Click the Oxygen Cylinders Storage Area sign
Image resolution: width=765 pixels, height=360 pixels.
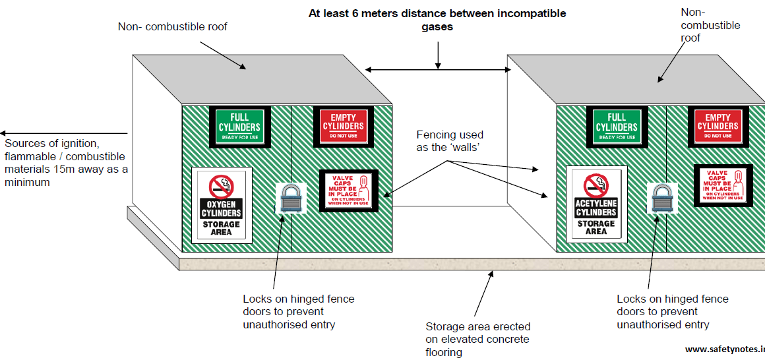point(222,205)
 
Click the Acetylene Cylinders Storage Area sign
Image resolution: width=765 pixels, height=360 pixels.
point(596,205)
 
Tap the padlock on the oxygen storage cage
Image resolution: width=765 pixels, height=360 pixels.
point(290,197)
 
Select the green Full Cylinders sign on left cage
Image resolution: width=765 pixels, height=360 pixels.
point(240,126)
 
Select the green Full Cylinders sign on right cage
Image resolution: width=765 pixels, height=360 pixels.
point(616,126)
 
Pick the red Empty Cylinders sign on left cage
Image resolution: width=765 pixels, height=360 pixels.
point(343,125)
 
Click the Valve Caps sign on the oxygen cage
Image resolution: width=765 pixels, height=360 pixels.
point(348,191)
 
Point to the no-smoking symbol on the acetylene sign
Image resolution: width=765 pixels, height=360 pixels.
point(596,185)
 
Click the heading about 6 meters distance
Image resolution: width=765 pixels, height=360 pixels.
point(437,20)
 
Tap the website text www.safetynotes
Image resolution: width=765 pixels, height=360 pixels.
point(724,349)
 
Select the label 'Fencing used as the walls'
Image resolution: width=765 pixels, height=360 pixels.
point(449,140)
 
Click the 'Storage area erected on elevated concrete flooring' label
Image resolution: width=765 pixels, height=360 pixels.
point(477,339)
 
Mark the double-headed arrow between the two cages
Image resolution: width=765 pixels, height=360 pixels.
point(437,69)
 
